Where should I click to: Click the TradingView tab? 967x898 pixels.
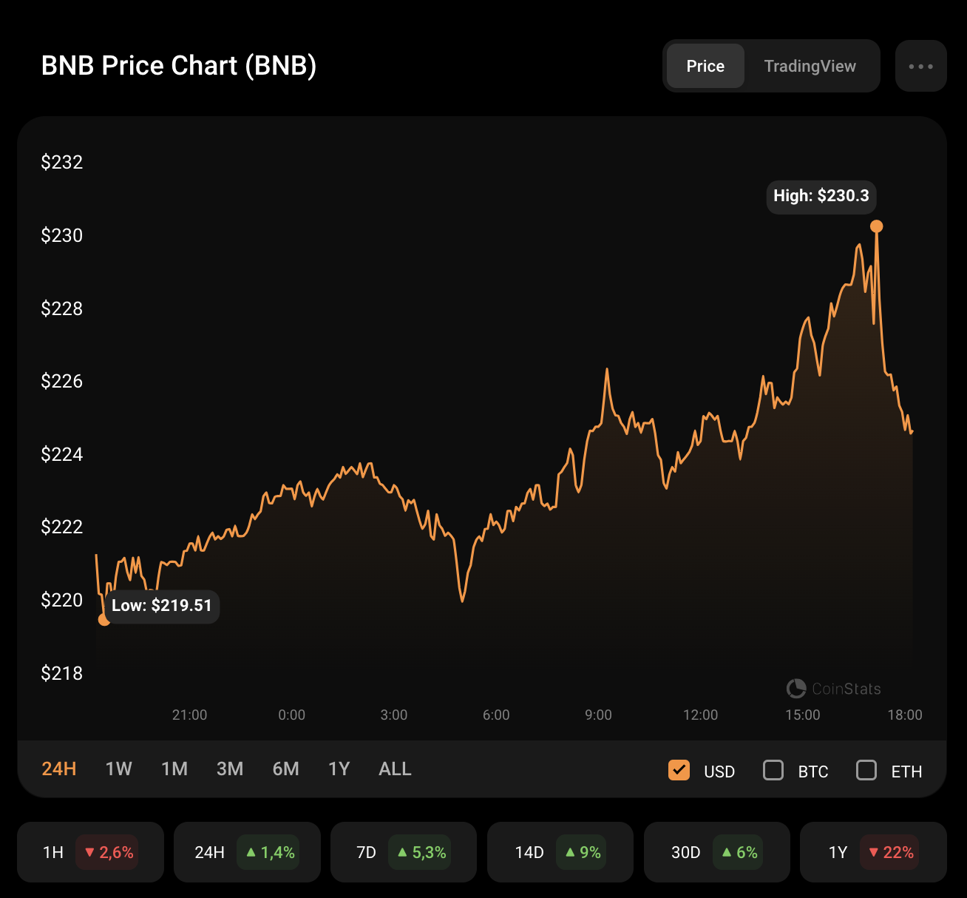point(810,66)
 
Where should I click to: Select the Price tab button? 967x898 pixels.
point(705,66)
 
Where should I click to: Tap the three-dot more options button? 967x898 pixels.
point(920,66)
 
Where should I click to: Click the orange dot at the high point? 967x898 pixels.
point(876,226)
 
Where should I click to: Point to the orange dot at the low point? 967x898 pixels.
point(104,619)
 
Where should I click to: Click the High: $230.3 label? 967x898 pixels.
point(821,196)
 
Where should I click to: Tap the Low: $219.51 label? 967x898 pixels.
point(161,606)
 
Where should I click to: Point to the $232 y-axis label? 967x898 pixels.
point(62,162)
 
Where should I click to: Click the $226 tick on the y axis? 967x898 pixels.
point(62,381)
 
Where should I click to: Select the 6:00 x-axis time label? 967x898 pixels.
point(496,715)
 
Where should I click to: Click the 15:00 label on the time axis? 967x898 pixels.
point(802,715)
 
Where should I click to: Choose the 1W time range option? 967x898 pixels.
point(118,769)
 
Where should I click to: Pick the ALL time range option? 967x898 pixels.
point(395,769)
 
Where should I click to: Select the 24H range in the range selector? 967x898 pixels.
point(59,769)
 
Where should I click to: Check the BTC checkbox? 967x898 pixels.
point(773,771)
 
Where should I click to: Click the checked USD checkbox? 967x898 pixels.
point(679,771)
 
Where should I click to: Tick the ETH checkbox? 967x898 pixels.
point(866,771)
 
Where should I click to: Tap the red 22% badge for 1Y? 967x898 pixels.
point(891,852)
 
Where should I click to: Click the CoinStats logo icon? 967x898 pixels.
point(796,689)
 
